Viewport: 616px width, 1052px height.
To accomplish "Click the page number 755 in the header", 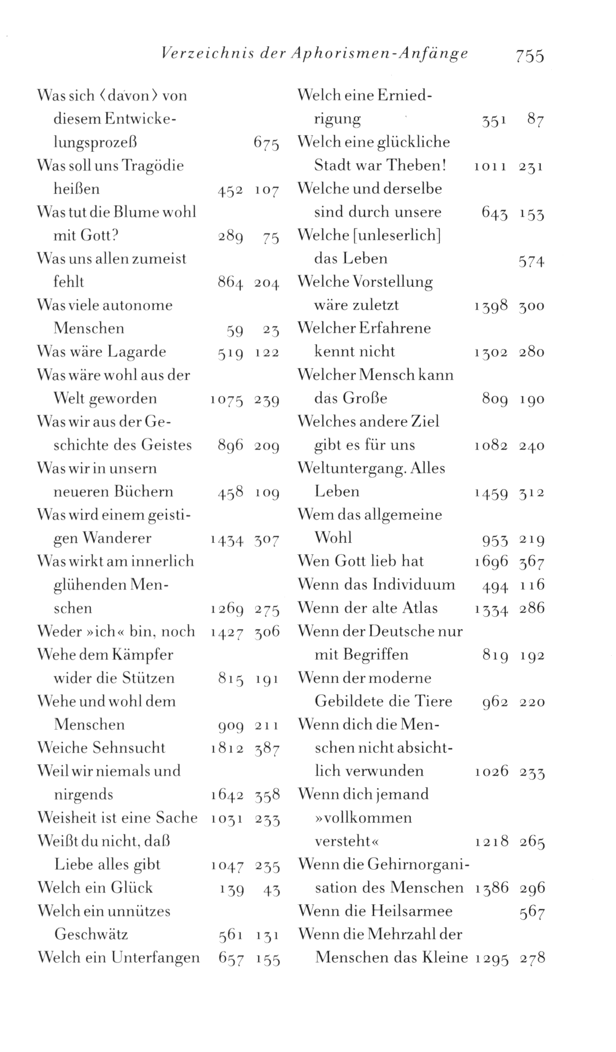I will [529, 56].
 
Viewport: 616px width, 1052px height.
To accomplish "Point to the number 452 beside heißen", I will [230, 190].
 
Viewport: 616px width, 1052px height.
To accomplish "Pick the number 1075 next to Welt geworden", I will [227, 399].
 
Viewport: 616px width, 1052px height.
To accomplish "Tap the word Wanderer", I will [117, 538].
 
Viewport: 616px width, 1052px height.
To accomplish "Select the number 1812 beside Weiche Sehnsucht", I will [227, 748].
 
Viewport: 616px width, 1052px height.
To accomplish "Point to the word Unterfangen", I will [155, 958].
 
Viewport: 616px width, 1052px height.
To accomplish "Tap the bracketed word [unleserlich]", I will [396, 235].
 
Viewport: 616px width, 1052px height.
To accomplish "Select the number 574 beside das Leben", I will [531, 262].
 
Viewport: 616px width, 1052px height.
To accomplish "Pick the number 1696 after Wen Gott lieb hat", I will [491, 562].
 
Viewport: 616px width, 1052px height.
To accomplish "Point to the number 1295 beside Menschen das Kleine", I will [491, 958].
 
